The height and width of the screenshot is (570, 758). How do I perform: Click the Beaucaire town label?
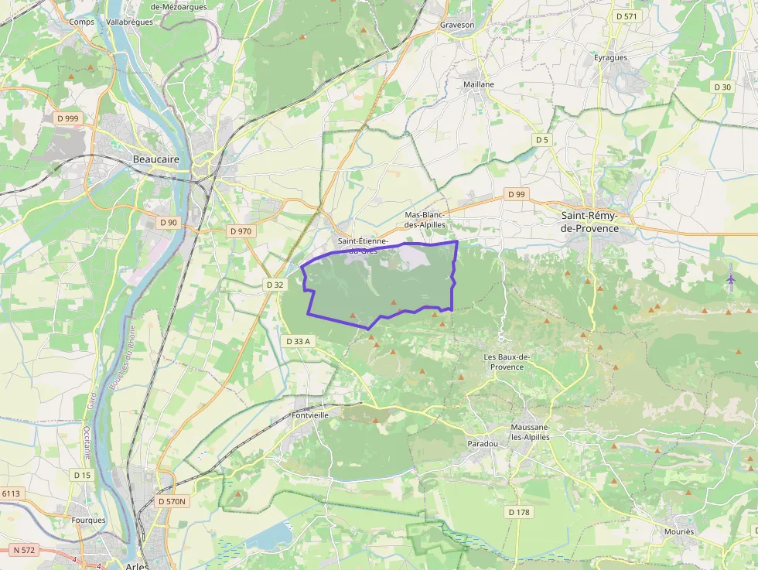pyautogui.click(x=156, y=159)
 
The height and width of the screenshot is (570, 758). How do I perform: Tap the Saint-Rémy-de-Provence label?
pyautogui.click(x=589, y=221)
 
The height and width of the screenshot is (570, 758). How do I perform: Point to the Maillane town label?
pyautogui.click(x=478, y=84)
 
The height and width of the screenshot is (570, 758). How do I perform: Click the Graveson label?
pyautogui.click(x=456, y=25)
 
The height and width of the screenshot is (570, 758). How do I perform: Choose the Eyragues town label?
pyautogui.click(x=610, y=57)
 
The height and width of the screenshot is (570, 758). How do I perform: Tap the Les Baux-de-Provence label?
pyautogui.click(x=507, y=361)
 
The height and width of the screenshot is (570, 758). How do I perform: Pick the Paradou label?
pyautogui.click(x=483, y=444)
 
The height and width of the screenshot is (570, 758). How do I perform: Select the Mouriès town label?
pyautogui.click(x=678, y=532)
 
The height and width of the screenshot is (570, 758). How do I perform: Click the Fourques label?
pyautogui.click(x=87, y=521)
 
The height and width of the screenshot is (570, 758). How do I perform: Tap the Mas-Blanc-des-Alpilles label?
pyautogui.click(x=425, y=219)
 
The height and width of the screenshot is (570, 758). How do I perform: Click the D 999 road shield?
pyautogui.click(x=67, y=118)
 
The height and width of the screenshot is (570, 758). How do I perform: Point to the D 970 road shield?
pyautogui.click(x=241, y=230)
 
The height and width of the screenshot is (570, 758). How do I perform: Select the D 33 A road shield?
pyautogui.click(x=298, y=341)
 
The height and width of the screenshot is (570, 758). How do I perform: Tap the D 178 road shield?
pyautogui.click(x=519, y=512)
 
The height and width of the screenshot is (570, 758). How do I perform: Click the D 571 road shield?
pyautogui.click(x=627, y=16)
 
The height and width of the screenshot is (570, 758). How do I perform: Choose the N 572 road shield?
pyautogui.click(x=24, y=550)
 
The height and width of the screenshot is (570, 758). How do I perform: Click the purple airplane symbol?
pyautogui.click(x=731, y=277)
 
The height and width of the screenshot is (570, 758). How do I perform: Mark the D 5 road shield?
pyautogui.click(x=542, y=139)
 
